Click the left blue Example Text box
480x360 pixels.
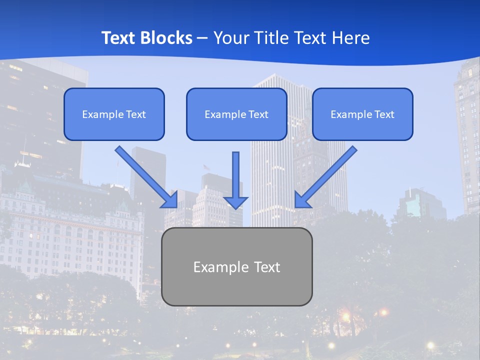(114, 114)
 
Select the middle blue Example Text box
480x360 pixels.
(236, 114)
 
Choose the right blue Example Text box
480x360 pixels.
(362, 114)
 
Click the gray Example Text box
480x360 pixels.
(236, 266)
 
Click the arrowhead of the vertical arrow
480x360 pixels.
(235, 201)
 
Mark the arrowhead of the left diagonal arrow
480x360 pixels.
(170, 199)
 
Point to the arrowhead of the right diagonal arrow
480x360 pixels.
(302, 199)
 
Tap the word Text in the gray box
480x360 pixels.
(266, 267)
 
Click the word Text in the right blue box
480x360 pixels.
(384, 114)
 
